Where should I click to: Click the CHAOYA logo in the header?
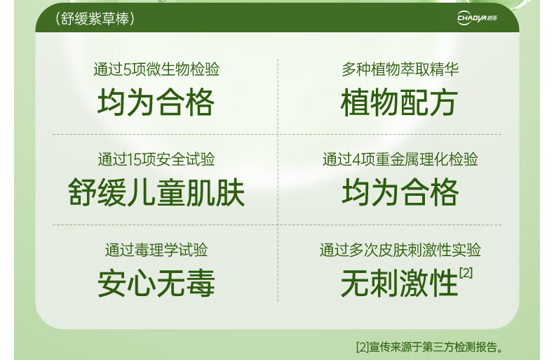[x=477, y=18]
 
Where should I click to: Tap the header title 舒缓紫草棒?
[x=95, y=19]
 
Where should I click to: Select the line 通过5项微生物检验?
[x=156, y=69]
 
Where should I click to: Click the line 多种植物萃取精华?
[x=400, y=69]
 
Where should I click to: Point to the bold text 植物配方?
[x=400, y=102]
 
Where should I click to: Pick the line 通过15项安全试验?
[x=156, y=159]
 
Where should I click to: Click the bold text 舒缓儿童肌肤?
[x=156, y=192]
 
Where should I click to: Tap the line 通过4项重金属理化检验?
[x=400, y=159]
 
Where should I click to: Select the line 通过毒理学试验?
[x=156, y=250]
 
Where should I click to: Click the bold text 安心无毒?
[x=156, y=284]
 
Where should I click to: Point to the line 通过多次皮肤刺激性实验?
[x=400, y=250]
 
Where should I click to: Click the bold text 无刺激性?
[x=400, y=284]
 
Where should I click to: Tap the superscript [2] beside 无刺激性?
[x=466, y=273]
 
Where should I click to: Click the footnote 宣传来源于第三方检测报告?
[x=436, y=347]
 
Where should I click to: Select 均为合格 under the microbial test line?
[x=156, y=102]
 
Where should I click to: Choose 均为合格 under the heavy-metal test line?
[x=400, y=192]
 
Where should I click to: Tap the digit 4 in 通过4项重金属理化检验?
[x=356, y=160]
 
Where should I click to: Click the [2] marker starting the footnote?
[x=363, y=347]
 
